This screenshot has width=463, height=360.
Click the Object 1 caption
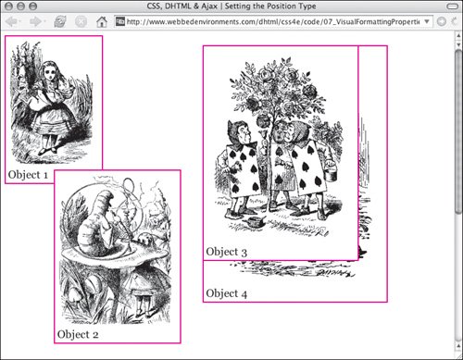pyautogui.click(x=28, y=175)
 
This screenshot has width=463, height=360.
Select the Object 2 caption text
pyautogui.click(x=78, y=334)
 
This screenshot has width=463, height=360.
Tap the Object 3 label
pyautogui.click(x=227, y=252)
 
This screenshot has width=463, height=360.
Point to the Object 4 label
pyautogui.click(x=227, y=293)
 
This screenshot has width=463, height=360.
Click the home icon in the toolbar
pyautogui.click(x=102, y=21)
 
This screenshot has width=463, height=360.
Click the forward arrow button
pyautogui.click(x=36, y=21)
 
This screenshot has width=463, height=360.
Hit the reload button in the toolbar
pyautogui.click(x=59, y=21)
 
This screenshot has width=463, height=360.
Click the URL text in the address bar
pyautogui.click(x=273, y=21)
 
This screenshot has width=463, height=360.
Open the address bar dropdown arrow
pyautogui.click(x=427, y=21)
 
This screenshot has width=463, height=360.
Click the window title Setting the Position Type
pyautogui.click(x=270, y=6)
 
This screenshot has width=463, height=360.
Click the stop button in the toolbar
pyautogui.click(x=81, y=21)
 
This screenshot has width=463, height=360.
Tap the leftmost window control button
pyautogui.click(x=9, y=6)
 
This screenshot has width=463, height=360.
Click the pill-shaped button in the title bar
pyautogui.click(x=453, y=6)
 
